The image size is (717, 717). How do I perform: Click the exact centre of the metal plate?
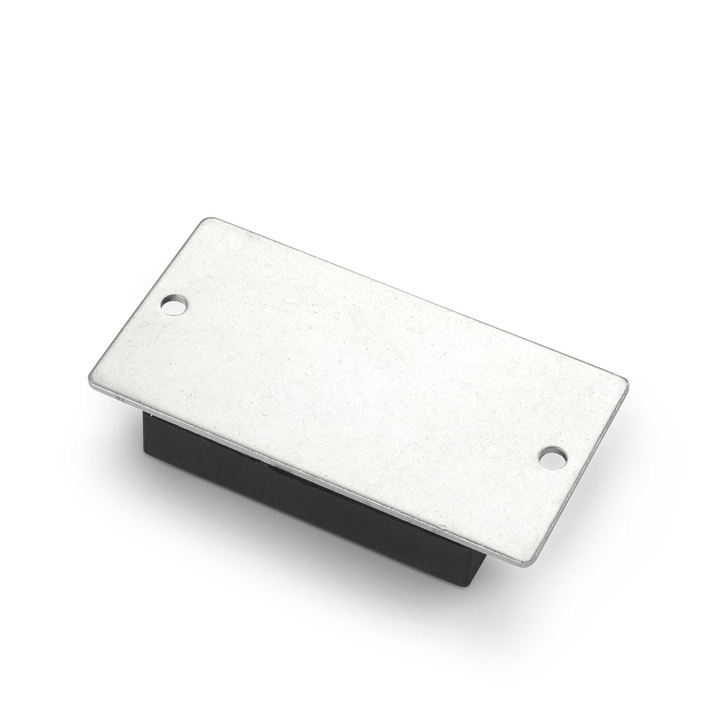358,393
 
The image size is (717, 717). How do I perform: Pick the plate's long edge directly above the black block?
306,473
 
